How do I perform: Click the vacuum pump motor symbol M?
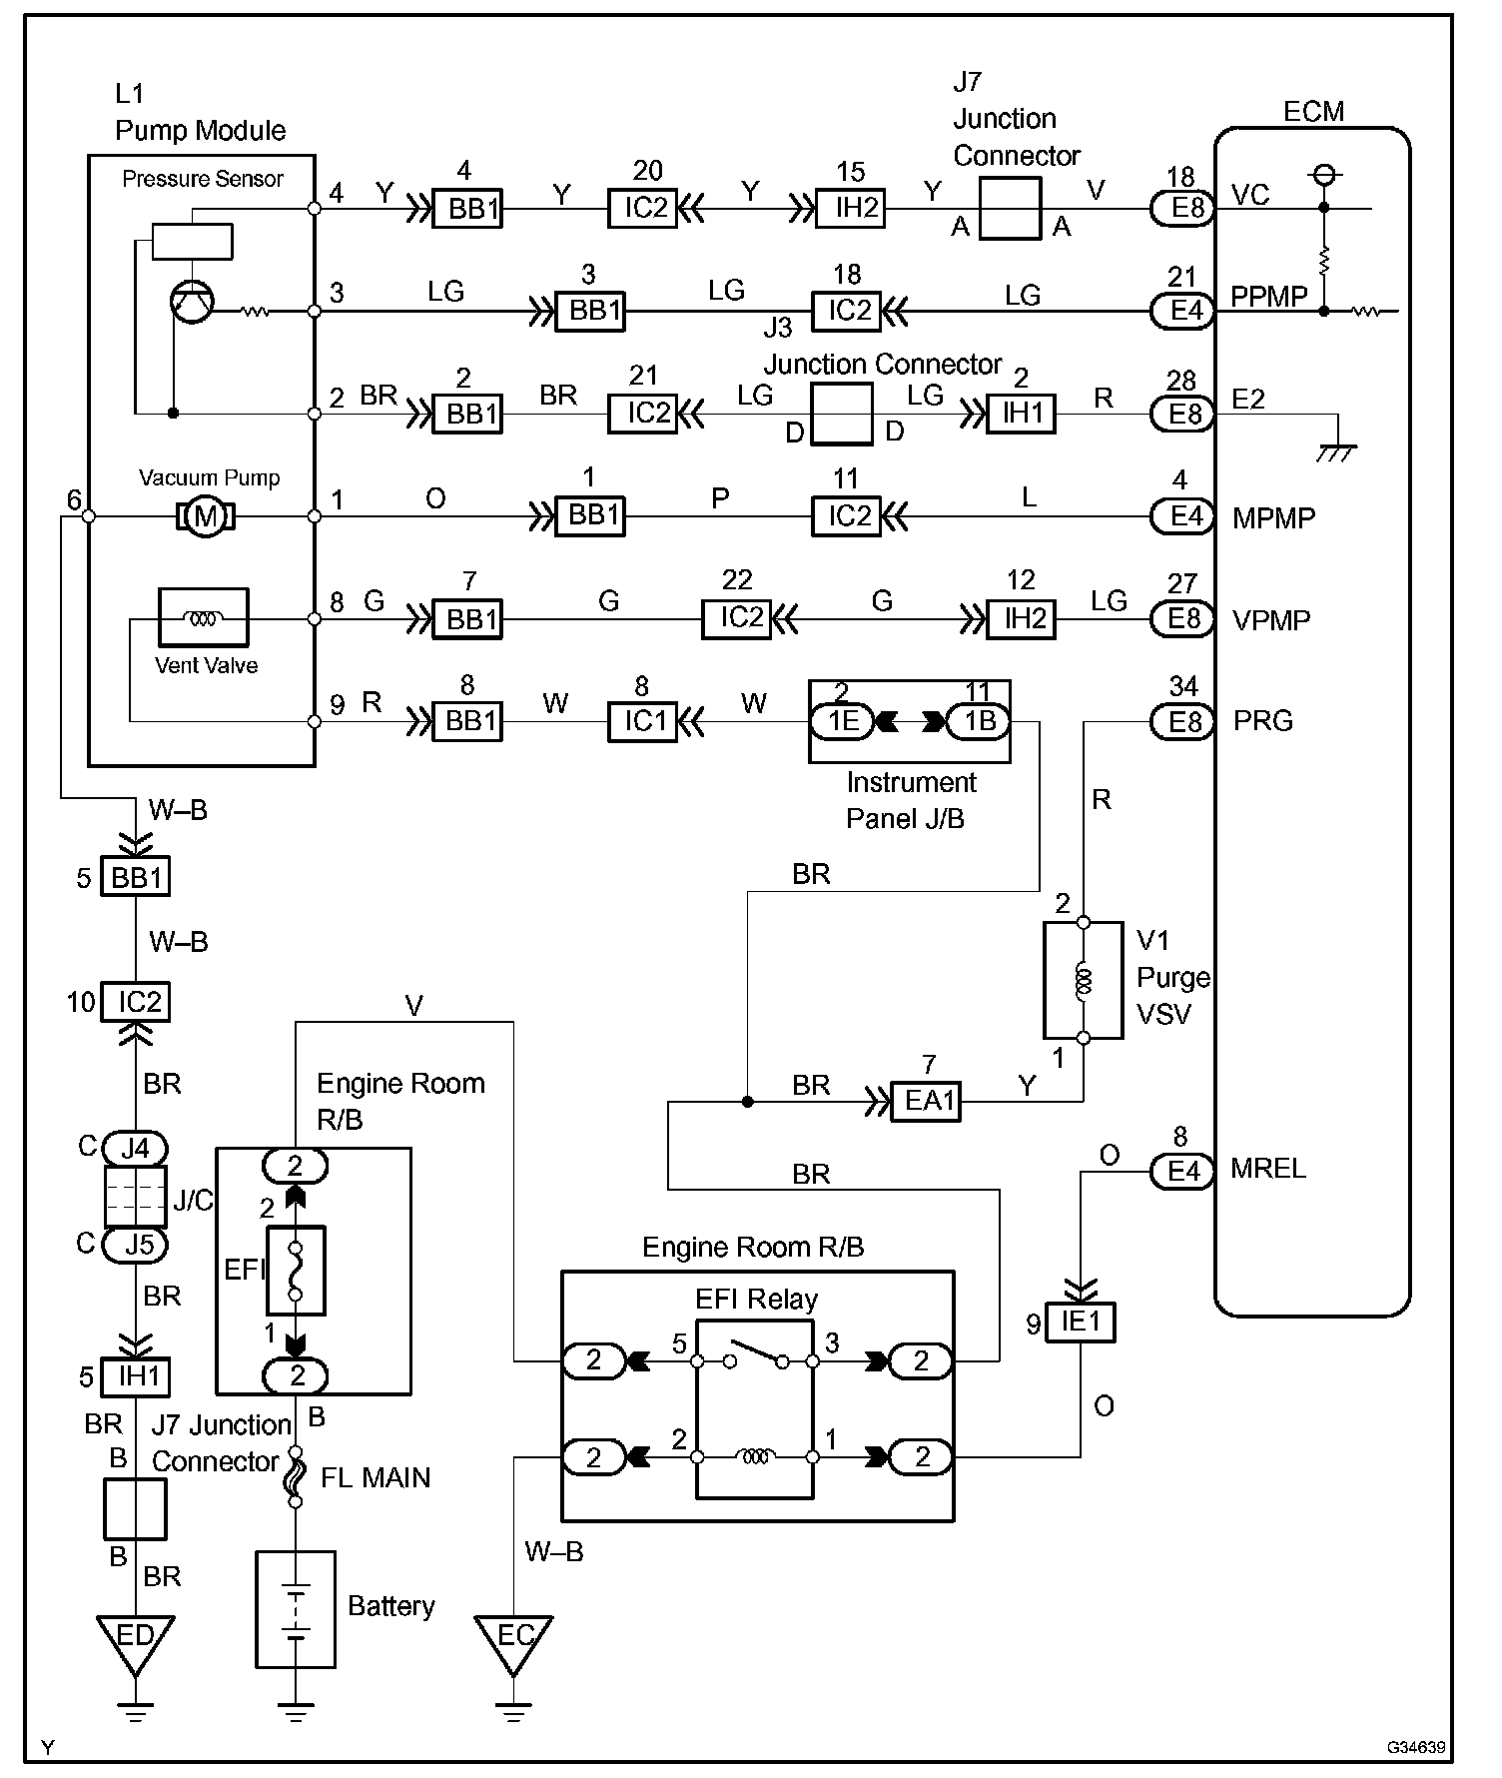[x=205, y=516]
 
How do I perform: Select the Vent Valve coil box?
[x=204, y=617]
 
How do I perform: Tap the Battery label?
[x=391, y=1606]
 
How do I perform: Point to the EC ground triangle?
[x=513, y=1646]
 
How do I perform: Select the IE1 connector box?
[x=1081, y=1323]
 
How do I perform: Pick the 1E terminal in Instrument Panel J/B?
[x=842, y=721]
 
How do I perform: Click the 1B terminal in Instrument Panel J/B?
[x=978, y=721]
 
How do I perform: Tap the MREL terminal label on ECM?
[x=1268, y=1169]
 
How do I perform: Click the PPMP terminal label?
[x=1269, y=297]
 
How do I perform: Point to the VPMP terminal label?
[x=1271, y=620]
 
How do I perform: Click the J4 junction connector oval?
[x=135, y=1149]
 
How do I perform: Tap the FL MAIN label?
[x=375, y=1478]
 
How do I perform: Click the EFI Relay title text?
[x=756, y=1300]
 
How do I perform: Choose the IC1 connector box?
[x=643, y=721]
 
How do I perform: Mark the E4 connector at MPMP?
[x=1182, y=516]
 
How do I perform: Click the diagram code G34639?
[x=1415, y=1748]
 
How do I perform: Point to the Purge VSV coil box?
[x=1084, y=981]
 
